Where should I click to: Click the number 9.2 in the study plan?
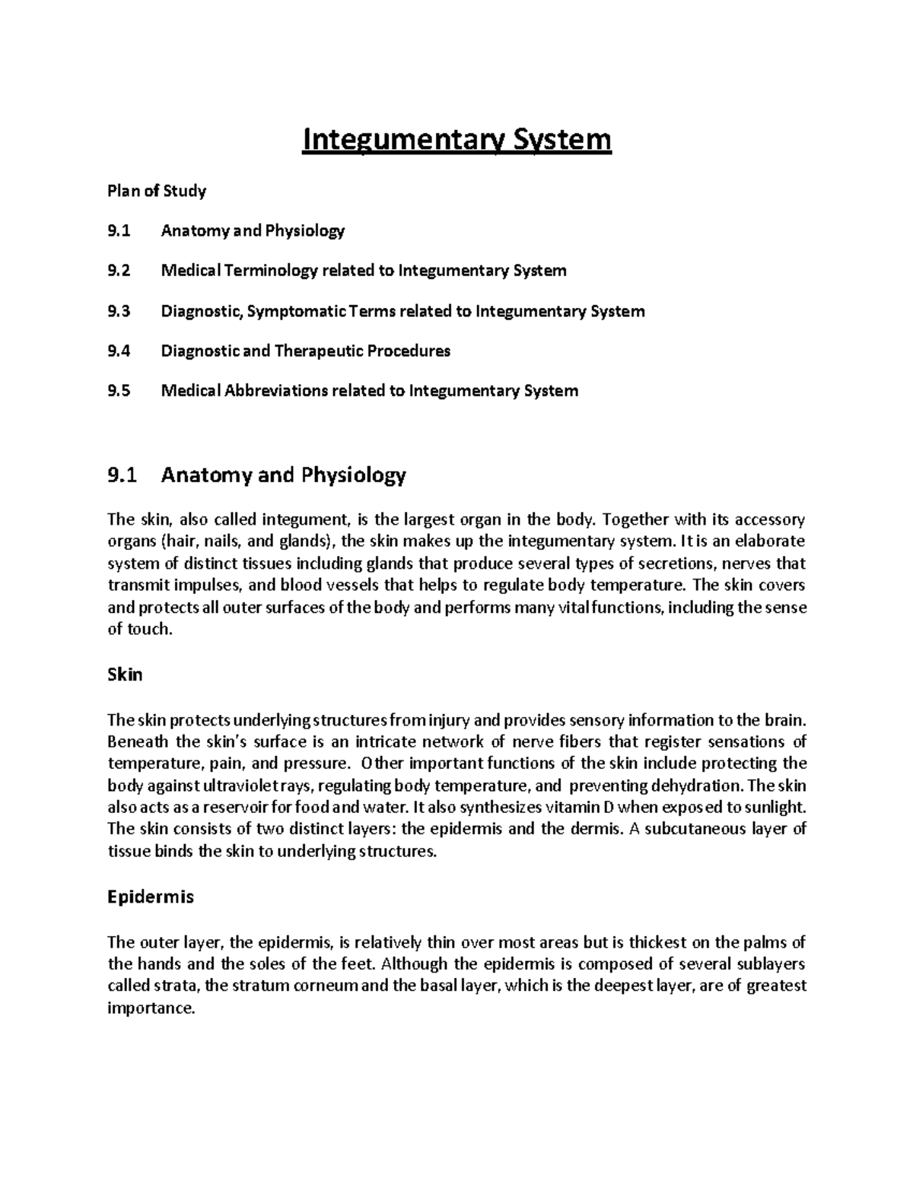click(119, 271)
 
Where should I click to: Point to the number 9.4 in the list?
click(119, 351)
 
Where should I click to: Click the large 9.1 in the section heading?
click(122, 476)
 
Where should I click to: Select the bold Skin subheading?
click(125, 675)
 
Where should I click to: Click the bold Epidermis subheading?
click(151, 897)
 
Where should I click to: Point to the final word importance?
click(151, 1008)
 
